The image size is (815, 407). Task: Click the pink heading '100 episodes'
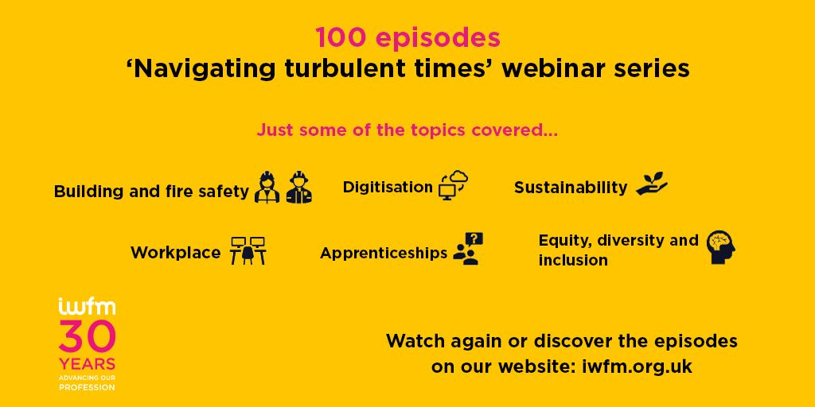pyautogui.click(x=407, y=37)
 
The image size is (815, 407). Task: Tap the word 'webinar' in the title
pyautogui.click(x=549, y=69)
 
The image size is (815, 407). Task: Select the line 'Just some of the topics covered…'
pyautogui.click(x=407, y=130)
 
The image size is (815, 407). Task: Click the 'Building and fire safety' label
pyautogui.click(x=151, y=192)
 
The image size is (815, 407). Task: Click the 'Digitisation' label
pyautogui.click(x=388, y=187)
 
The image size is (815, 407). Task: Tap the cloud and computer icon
pyautogui.click(x=453, y=185)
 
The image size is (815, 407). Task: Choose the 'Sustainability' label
pyautogui.click(x=571, y=188)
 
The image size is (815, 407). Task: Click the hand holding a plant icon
pyautogui.click(x=652, y=184)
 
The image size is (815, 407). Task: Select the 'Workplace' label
pyautogui.click(x=176, y=253)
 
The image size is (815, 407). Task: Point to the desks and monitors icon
pyautogui.click(x=248, y=250)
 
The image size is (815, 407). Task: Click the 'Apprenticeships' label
pyautogui.click(x=384, y=253)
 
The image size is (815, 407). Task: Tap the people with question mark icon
pyautogui.click(x=468, y=249)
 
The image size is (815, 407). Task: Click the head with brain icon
pyautogui.click(x=721, y=247)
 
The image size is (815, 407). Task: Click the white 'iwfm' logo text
pyautogui.click(x=87, y=307)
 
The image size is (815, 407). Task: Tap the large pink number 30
pyautogui.click(x=87, y=336)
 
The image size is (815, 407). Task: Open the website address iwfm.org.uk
pyautogui.click(x=630, y=366)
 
